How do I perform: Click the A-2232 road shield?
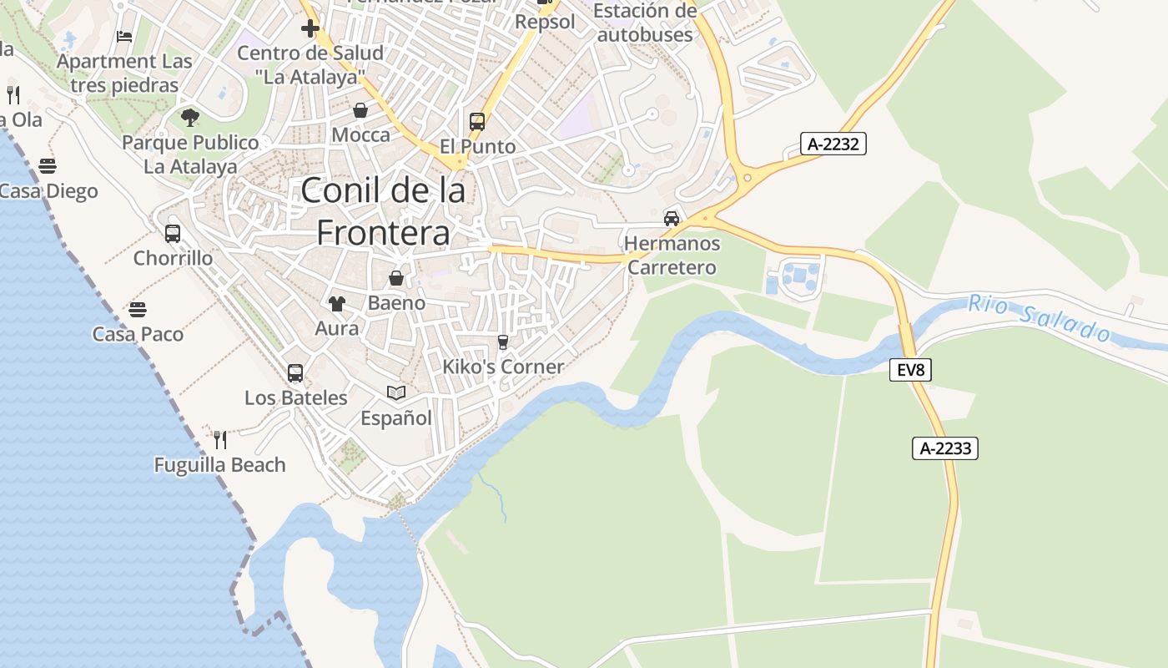(x=833, y=144)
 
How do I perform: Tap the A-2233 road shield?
(x=945, y=448)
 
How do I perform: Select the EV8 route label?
(x=910, y=369)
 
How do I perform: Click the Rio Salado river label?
(x=1039, y=318)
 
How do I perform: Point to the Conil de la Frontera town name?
(x=383, y=211)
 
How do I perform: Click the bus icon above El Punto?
(x=477, y=122)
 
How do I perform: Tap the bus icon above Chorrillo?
(x=173, y=233)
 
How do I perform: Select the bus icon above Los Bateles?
(x=295, y=373)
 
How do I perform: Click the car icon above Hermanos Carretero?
(x=671, y=219)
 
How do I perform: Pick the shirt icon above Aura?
(x=336, y=304)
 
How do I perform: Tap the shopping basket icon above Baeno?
(x=396, y=278)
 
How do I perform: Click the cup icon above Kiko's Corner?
(x=502, y=342)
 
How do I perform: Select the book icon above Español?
(x=396, y=392)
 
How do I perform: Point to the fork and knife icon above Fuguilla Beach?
(x=220, y=439)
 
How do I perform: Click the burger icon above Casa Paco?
(x=138, y=310)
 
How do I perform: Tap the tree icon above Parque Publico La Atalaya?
(x=190, y=117)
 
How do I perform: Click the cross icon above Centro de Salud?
(x=310, y=28)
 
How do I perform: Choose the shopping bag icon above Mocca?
(x=360, y=110)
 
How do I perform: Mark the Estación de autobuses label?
(x=646, y=23)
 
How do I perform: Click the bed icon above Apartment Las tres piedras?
(x=124, y=37)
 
